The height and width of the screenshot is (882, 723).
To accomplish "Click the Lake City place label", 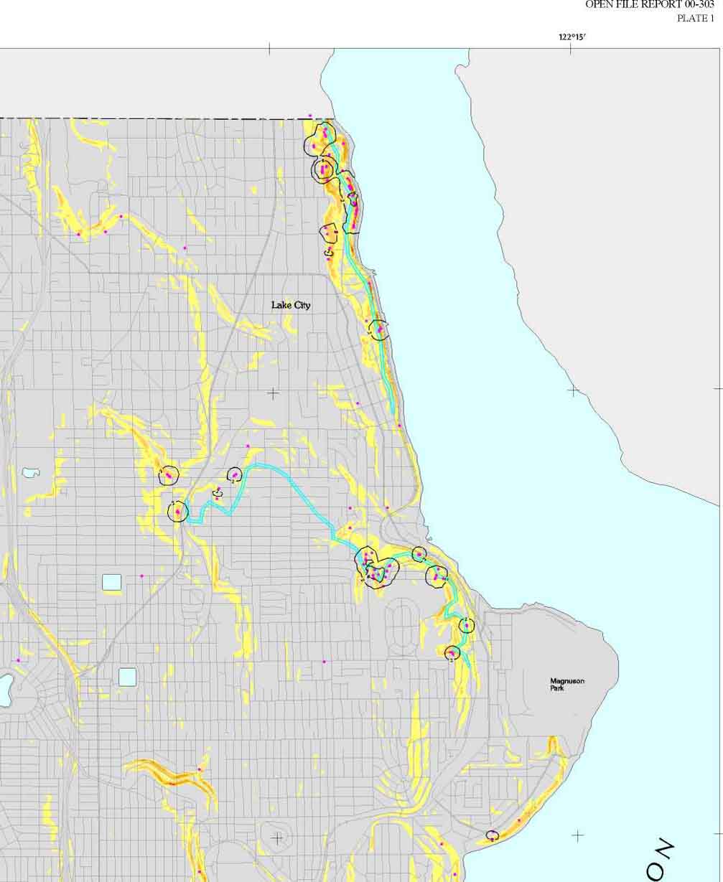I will click(x=291, y=305).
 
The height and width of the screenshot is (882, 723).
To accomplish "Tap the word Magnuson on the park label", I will click(x=566, y=681).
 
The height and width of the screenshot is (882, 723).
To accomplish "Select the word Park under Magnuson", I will click(x=557, y=688).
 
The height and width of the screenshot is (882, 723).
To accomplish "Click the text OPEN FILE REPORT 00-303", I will click(x=649, y=4).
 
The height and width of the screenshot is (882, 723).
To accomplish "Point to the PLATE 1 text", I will click(x=695, y=18).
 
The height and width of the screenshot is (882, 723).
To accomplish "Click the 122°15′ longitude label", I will click(x=572, y=37).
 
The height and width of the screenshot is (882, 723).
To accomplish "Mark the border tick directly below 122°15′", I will click(x=571, y=48).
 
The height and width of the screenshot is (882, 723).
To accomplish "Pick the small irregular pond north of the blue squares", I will click(x=31, y=473).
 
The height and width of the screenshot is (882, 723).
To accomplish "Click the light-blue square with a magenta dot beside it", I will click(x=112, y=581).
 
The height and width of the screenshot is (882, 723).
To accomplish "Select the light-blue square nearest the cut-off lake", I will click(x=127, y=676).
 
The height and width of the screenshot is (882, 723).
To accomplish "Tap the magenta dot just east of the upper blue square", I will click(x=141, y=576).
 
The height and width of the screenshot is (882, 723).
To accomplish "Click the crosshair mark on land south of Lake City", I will click(x=273, y=393).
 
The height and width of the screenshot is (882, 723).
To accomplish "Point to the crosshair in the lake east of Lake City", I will click(x=573, y=390).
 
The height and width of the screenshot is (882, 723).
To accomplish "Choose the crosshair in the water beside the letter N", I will click(x=578, y=835).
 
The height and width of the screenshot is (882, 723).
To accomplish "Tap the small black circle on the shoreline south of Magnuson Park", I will click(x=492, y=835).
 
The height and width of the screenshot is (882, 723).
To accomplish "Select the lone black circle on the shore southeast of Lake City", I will click(x=378, y=329).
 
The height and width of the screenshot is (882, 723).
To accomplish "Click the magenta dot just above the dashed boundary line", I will click(x=310, y=116).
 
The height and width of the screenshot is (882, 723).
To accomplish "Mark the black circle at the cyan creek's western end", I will click(x=177, y=512).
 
